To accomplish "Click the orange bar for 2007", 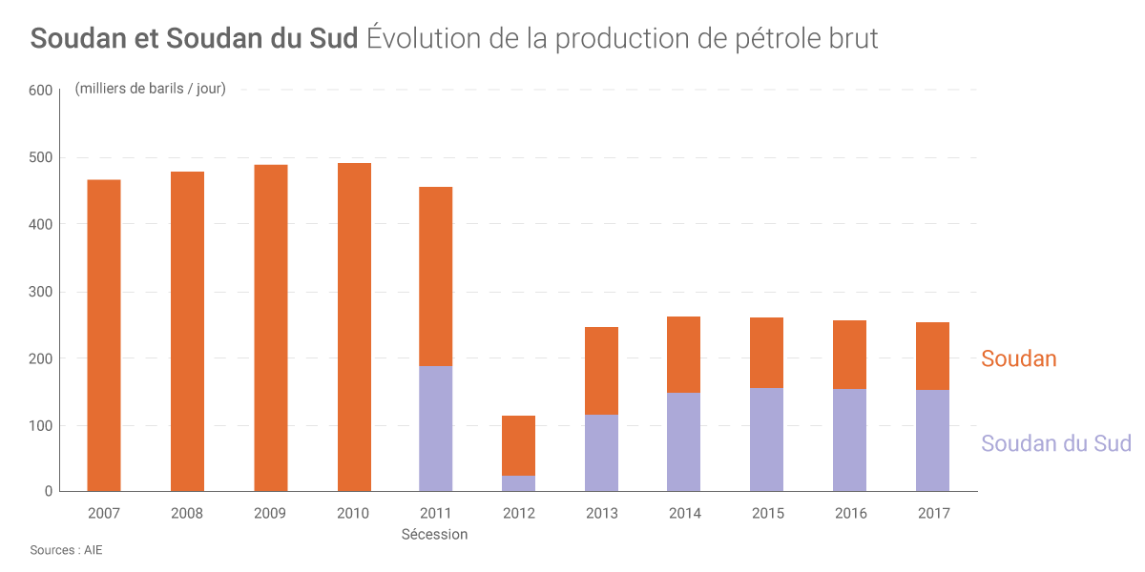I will point(104,335).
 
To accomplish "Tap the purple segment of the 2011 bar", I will point(436,428).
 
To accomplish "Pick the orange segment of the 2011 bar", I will point(436,276).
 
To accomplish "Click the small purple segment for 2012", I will point(519,483).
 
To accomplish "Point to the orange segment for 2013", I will point(602,371).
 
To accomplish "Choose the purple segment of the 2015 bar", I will point(768,439).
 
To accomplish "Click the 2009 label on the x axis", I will point(270,513).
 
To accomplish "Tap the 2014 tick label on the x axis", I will point(685,513).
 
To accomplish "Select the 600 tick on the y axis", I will point(40,91).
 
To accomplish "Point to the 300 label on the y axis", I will point(40,292).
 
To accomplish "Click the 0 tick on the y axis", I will point(47,492).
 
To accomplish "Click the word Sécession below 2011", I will point(435,534).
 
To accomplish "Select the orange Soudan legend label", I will point(1019,359).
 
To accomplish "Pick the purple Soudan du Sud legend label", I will point(1055,443).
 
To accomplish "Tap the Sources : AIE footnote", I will point(66,551).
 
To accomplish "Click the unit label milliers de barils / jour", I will point(151,90).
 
